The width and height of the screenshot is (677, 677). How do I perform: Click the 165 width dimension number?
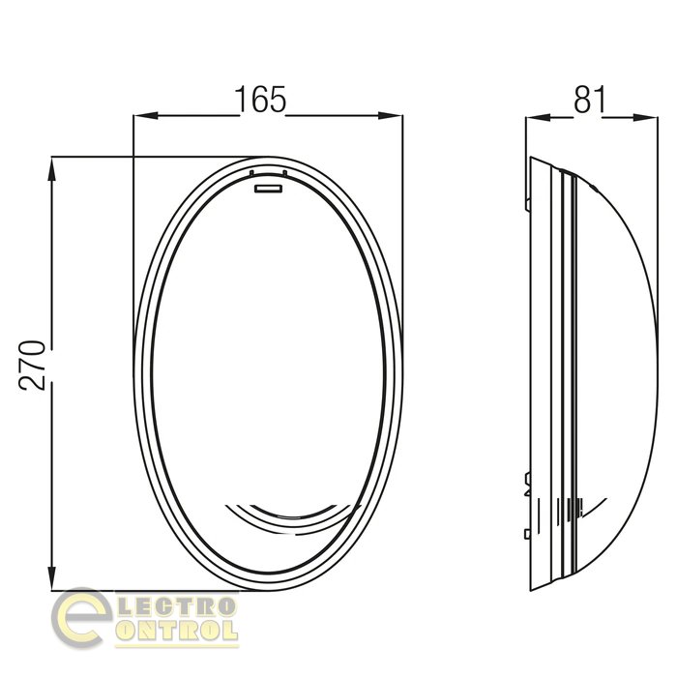point(260,100)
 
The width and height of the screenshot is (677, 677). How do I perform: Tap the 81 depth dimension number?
point(590,100)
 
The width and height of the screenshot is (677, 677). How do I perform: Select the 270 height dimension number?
point(32,366)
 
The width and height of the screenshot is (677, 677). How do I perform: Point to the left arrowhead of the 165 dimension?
point(145,116)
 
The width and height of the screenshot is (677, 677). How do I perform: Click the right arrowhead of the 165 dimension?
point(391,116)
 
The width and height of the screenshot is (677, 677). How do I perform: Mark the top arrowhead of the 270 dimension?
point(52,169)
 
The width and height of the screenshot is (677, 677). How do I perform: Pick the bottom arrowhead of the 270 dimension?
point(52,578)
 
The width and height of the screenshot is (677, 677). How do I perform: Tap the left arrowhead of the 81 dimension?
point(538,117)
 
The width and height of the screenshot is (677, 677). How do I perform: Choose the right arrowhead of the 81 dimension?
point(646,117)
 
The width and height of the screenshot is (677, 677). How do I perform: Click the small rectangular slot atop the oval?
point(268,189)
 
